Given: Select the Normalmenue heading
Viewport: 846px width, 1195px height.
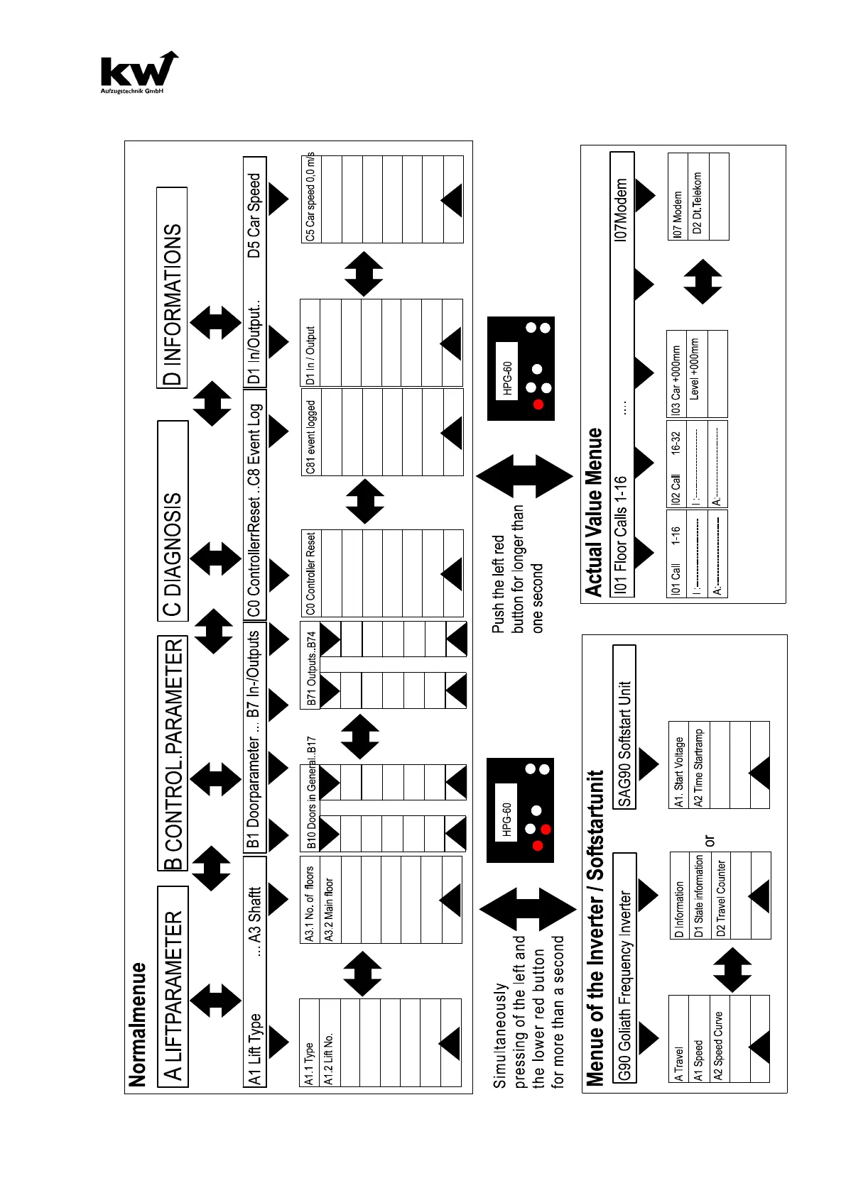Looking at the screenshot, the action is click(137, 1024).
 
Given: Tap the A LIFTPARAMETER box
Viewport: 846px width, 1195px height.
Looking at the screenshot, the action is click(173, 986).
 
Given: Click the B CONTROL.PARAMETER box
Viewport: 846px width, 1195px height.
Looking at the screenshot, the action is click(173, 754).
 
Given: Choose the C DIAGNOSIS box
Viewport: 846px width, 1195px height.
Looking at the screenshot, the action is click(173, 522).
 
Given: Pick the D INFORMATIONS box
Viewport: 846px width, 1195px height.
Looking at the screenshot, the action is click(173, 288).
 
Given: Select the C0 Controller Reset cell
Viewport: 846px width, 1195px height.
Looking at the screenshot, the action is click(310, 573).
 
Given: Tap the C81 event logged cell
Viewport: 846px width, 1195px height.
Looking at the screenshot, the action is click(310, 432).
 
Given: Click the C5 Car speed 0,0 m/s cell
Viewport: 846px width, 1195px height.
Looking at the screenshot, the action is click(310, 199).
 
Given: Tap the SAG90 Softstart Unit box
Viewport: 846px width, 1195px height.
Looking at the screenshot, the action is click(624, 727).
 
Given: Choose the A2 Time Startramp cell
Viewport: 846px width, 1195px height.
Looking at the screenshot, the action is click(699, 765).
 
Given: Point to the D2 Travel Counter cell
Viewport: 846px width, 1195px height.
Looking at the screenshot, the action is click(721, 896).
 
